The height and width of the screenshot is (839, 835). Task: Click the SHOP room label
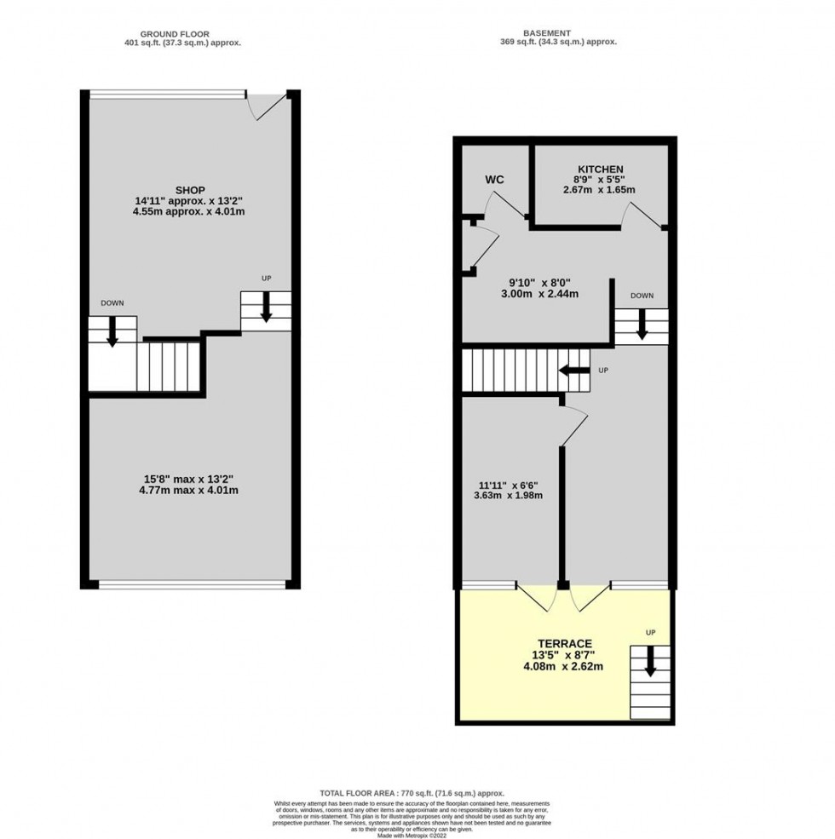(x=190, y=189)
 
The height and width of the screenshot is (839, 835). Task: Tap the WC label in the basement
(x=495, y=180)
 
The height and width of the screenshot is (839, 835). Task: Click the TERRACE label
(x=564, y=643)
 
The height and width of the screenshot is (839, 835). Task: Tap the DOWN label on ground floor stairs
(x=112, y=303)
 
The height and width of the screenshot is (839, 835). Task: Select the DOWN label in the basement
(x=642, y=296)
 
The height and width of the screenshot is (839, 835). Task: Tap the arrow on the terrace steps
(x=651, y=661)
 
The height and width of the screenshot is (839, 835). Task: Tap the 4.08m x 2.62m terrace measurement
(x=564, y=667)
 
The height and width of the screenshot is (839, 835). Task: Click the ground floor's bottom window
(x=192, y=583)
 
